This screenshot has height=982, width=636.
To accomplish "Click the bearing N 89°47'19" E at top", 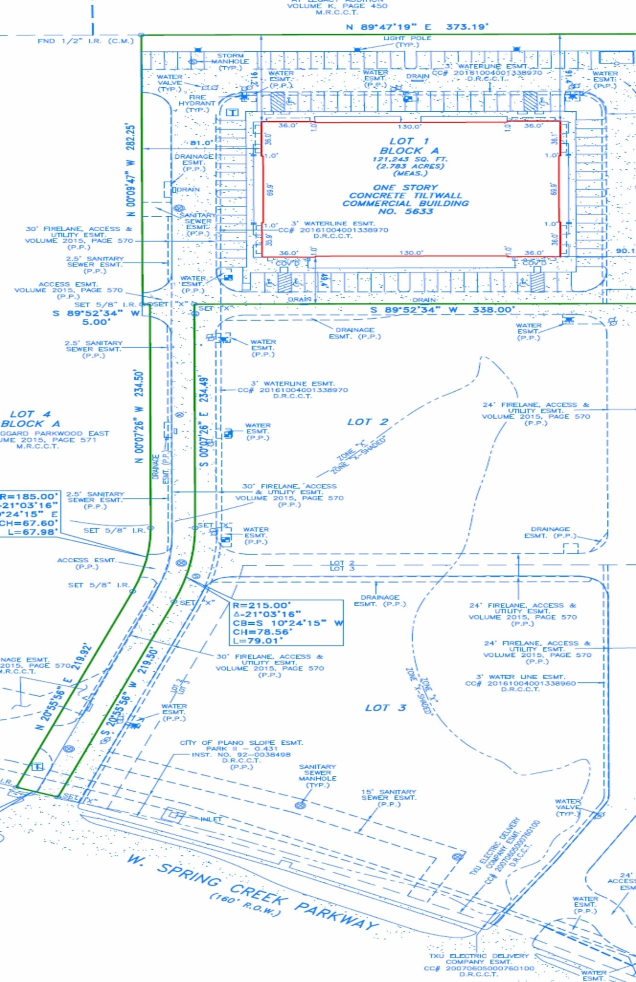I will click(389, 27).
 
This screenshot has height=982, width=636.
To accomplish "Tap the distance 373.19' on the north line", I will click(467, 27).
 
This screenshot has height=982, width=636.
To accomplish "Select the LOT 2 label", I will click(368, 422).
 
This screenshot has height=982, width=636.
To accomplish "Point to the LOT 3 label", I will click(385, 708).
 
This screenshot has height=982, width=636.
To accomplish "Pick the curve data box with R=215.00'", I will click(288, 622).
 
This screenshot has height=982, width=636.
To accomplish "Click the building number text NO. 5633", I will click(405, 211).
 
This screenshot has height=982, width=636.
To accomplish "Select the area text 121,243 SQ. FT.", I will click(410, 159).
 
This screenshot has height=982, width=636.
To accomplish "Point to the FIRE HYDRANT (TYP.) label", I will click(197, 103).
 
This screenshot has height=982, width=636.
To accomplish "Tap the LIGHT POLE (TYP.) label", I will click(407, 41).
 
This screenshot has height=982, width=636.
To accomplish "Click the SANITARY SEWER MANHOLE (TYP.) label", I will click(317, 776).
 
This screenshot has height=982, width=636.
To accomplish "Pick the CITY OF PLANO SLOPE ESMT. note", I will click(241, 743).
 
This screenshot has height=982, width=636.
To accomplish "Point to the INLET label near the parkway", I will click(211, 819).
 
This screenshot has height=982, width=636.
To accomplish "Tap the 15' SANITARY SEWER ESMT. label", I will click(389, 797).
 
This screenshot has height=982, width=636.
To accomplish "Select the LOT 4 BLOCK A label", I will click(30, 419).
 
